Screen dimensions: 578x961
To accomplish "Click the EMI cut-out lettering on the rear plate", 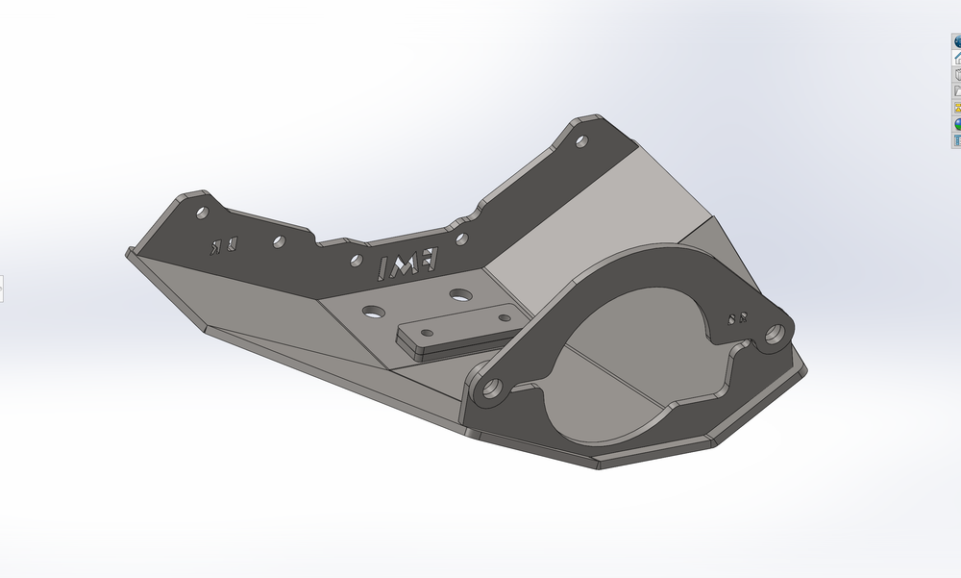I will (x=408, y=264).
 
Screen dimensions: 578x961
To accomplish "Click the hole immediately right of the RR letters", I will (x=278, y=241).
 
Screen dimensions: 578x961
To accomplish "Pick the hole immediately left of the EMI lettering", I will (x=357, y=258).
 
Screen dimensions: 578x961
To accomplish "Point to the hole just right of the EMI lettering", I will (x=461, y=238).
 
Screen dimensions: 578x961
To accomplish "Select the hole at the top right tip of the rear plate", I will (x=580, y=141).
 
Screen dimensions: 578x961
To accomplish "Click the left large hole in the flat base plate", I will (x=372, y=312).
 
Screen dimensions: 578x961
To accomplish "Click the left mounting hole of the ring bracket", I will (x=492, y=390).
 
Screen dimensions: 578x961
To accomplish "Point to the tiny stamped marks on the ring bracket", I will (x=738, y=317).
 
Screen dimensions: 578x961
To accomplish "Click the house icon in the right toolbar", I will (x=957, y=58).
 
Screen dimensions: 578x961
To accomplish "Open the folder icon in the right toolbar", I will (x=957, y=91).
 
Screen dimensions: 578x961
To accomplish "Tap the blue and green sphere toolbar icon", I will (x=957, y=124).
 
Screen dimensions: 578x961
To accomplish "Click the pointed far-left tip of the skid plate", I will (x=128, y=254).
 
